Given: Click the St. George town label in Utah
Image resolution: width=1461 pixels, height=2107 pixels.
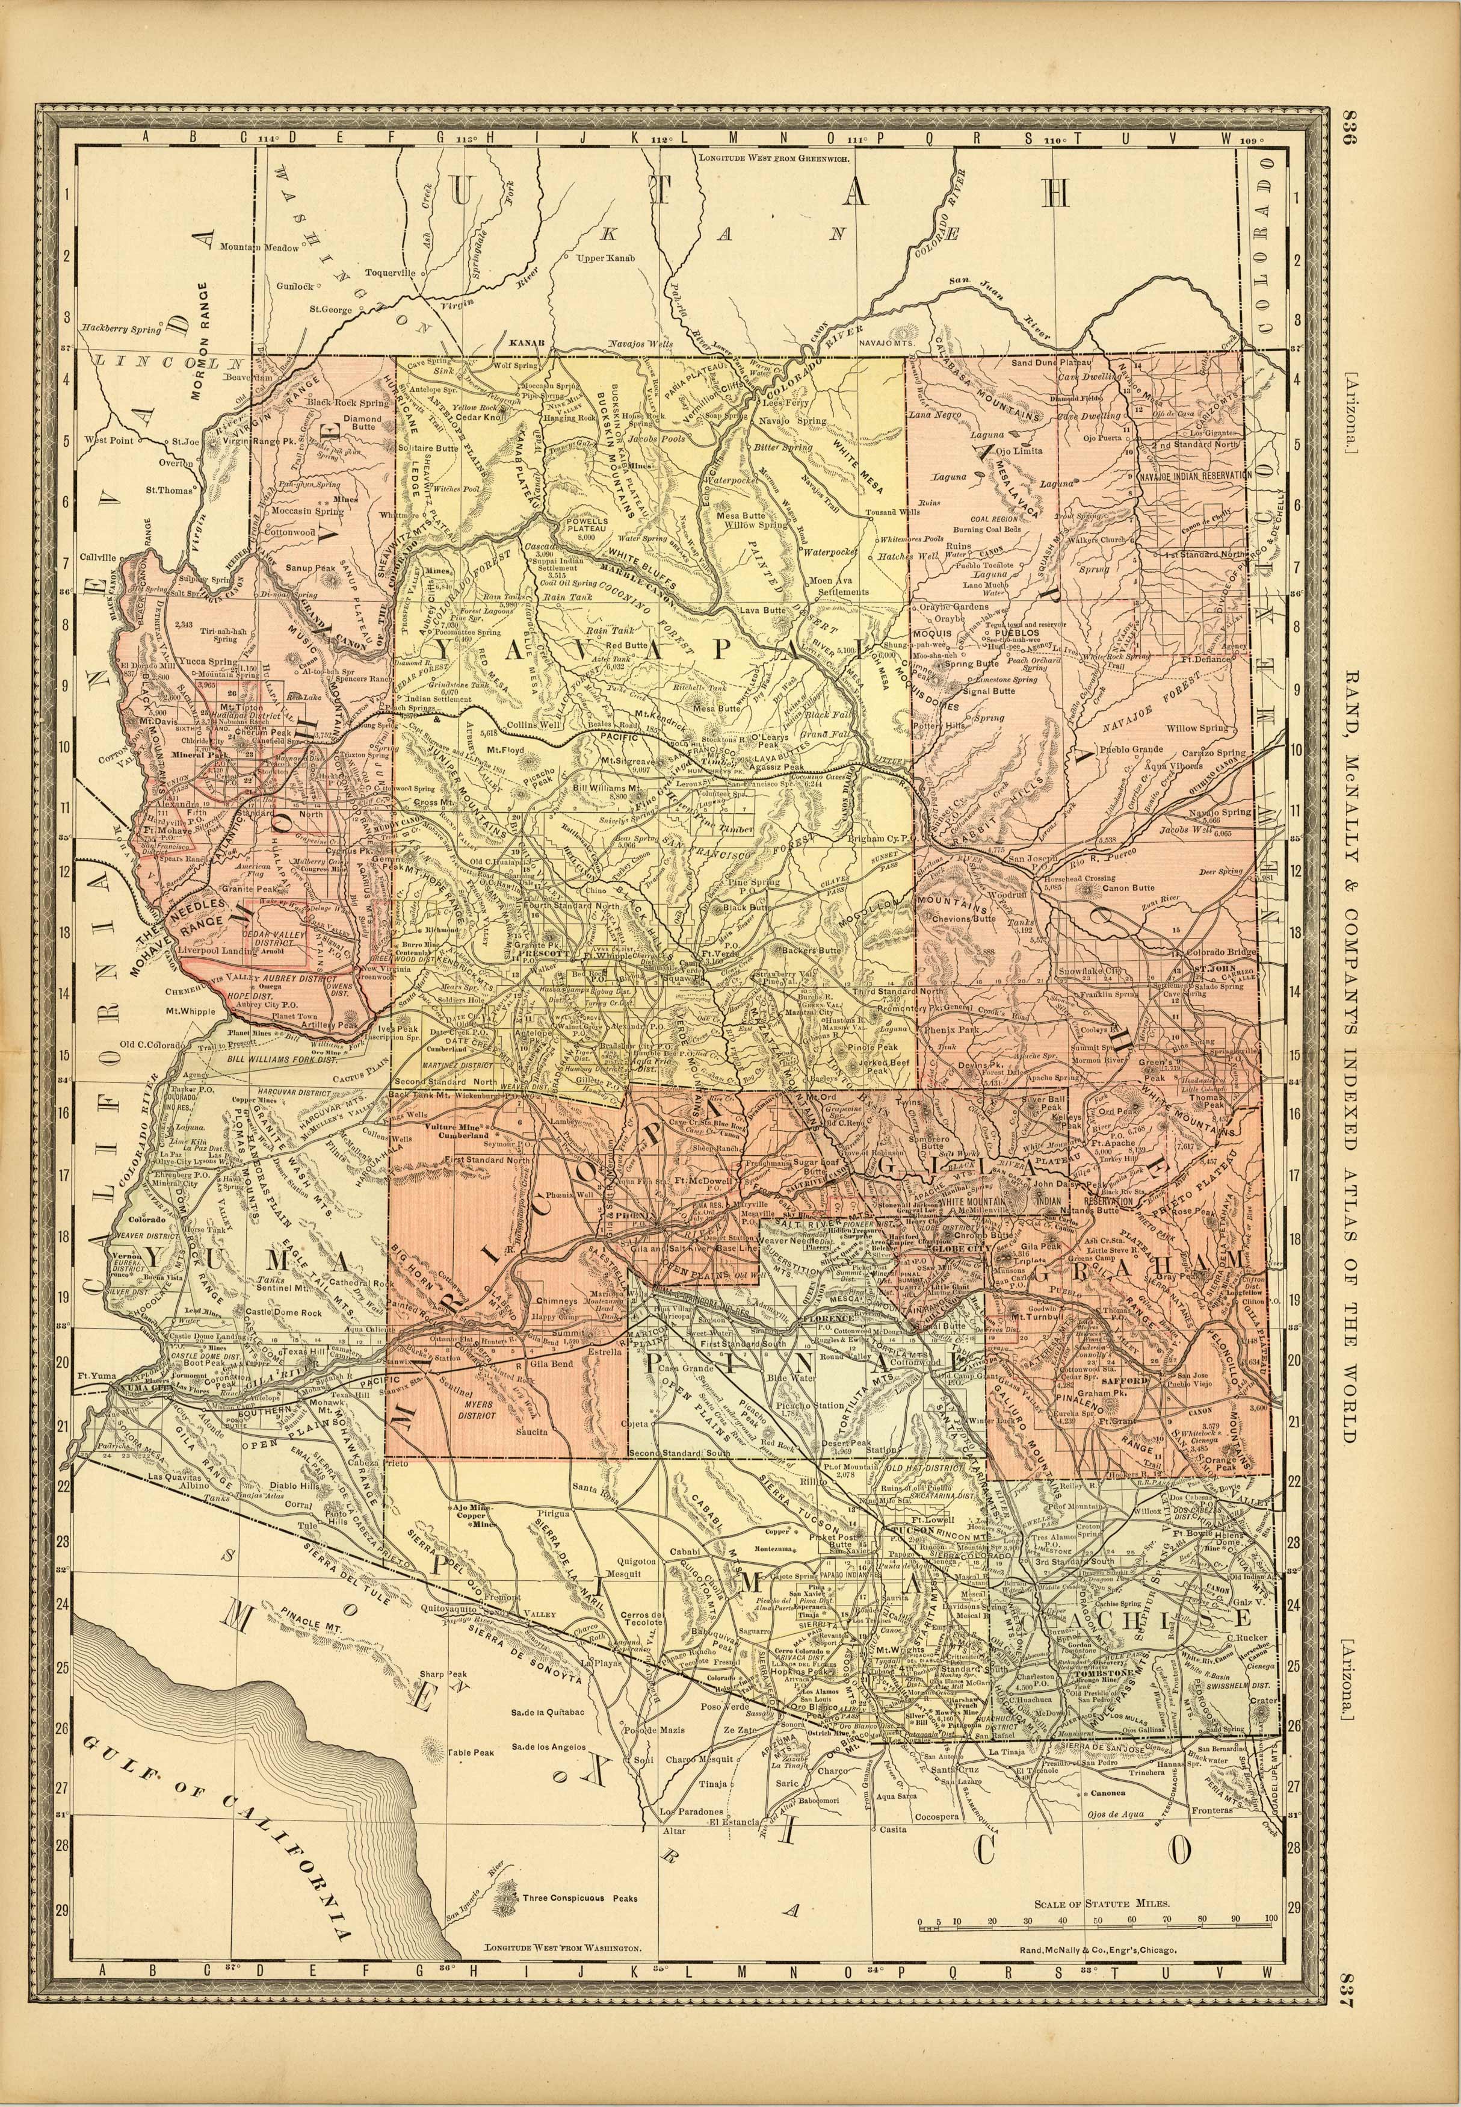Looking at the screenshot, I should [x=330, y=309].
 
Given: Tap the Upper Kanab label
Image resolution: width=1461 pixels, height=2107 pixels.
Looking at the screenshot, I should [x=604, y=259].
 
